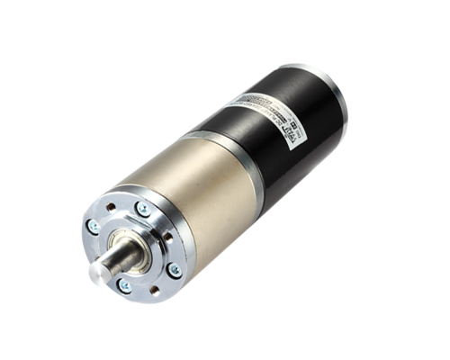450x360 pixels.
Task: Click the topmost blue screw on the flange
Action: [142, 209]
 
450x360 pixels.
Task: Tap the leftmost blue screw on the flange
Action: [94, 227]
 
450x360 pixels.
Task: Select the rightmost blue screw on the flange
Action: [174, 269]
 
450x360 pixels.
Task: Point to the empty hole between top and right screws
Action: [167, 237]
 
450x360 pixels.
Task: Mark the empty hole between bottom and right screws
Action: [154, 290]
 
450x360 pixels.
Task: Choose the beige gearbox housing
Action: [216, 198]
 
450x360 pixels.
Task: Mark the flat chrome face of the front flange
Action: [157, 220]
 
